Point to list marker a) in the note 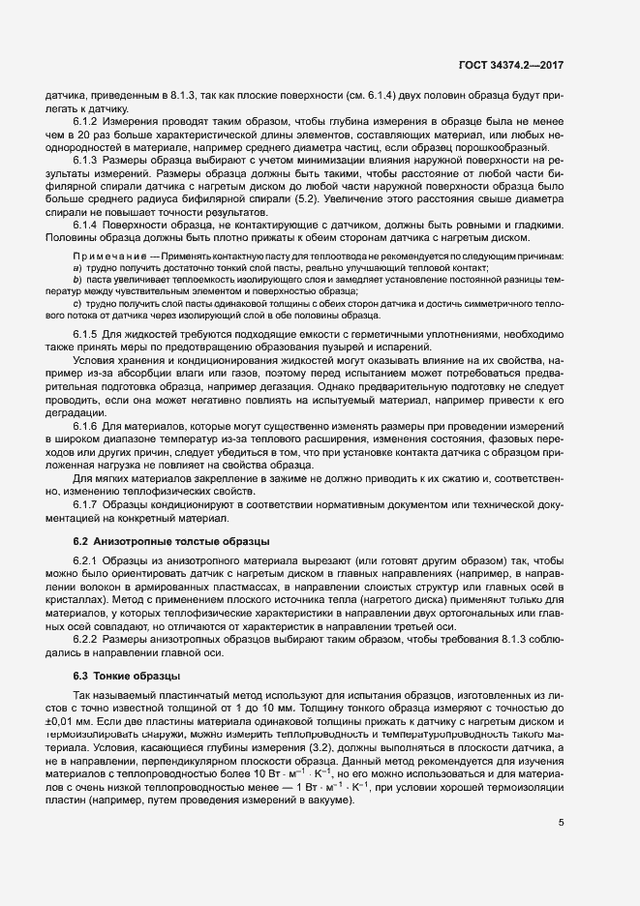(76, 267)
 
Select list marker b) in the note (76, 280)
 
